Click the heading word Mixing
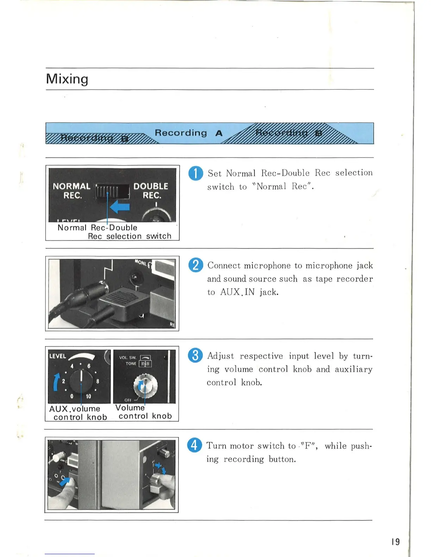[x=67, y=79]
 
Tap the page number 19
[x=395, y=542]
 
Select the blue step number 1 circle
[x=195, y=173]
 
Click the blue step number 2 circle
[x=195, y=265]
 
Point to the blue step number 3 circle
[x=195, y=355]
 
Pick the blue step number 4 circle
[x=194, y=445]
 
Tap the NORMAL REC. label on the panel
[x=71, y=191]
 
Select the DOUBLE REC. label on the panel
[x=151, y=191]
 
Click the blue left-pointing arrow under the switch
[x=120, y=207]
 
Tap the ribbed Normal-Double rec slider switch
[x=112, y=192]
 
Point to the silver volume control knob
[x=145, y=386]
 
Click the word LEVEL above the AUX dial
[x=57, y=356]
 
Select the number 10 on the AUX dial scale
[x=88, y=396]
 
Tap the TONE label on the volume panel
[x=131, y=364]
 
